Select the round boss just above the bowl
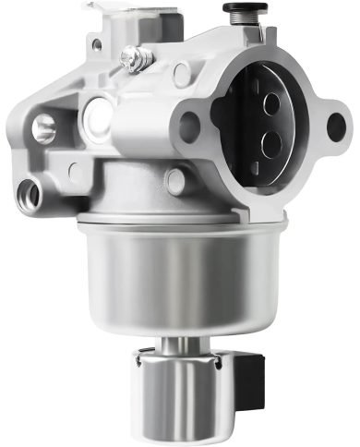tap(174, 181)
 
